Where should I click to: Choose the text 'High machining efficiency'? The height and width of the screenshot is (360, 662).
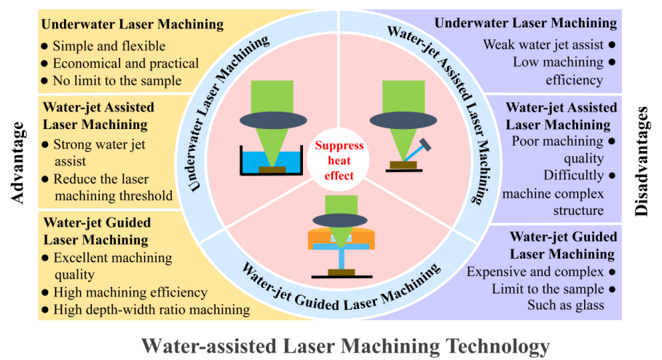point(130,292)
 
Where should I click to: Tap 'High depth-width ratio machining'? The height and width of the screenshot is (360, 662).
point(151,310)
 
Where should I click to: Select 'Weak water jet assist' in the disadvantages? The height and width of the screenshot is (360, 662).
point(543,44)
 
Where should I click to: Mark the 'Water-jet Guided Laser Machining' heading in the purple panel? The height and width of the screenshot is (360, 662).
point(563,245)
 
